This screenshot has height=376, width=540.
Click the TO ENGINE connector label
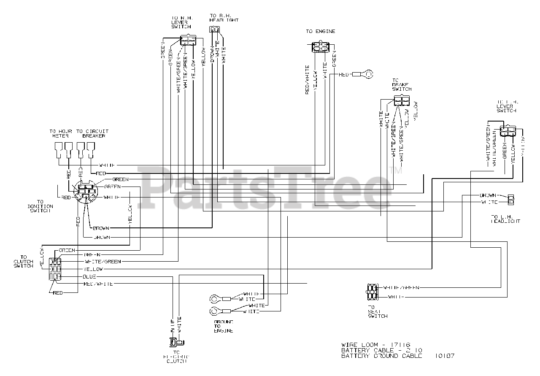coord(321,32)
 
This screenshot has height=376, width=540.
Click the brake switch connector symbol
coord(401,100)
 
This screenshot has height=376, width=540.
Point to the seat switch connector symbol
coord(372,292)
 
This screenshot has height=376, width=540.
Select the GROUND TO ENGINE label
coord(223,326)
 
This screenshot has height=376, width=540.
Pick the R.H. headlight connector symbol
coord(214,30)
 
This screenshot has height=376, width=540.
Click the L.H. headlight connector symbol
coord(511,199)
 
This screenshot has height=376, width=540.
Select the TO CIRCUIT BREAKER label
coord(93,133)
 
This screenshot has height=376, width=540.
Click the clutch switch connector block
coord(55,269)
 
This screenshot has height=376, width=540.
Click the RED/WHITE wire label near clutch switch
coord(98,284)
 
